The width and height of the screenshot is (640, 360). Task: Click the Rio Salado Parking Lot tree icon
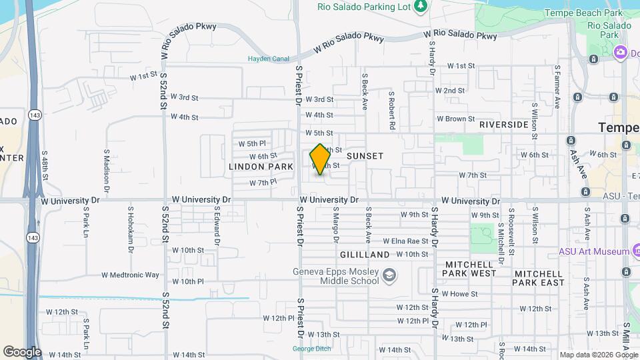click(x=420, y=7)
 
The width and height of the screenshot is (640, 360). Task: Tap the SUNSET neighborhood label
click(x=365, y=156)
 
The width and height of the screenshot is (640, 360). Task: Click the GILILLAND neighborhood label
click(x=365, y=255)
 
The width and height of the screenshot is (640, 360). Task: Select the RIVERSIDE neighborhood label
click(x=503, y=125)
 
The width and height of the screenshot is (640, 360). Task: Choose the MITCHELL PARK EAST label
click(x=539, y=278)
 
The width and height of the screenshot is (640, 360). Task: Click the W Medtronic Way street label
click(x=130, y=275)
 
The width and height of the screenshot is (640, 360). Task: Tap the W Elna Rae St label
click(x=405, y=241)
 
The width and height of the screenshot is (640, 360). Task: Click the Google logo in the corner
click(x=22, y=352)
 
